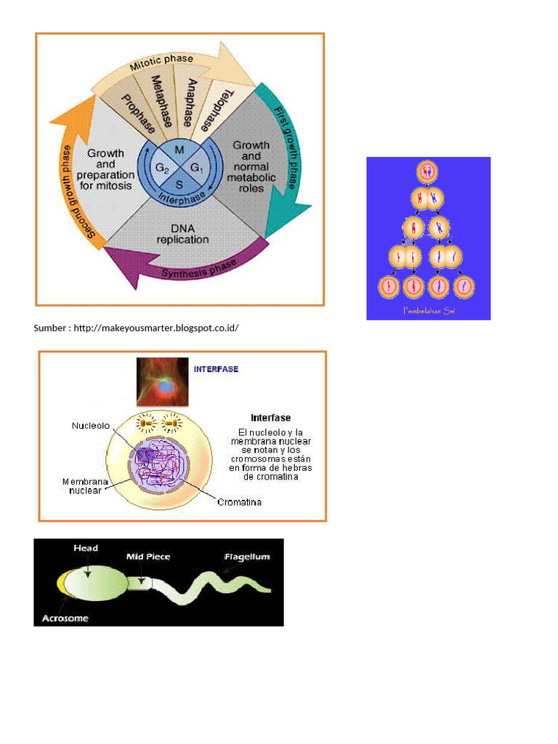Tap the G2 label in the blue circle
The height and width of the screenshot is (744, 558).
tap(162, 169)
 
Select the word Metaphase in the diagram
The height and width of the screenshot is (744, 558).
tap(161, 102)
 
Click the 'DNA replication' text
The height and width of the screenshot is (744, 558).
tap(183, 233)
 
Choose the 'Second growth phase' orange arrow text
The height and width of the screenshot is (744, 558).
tap(77, 193)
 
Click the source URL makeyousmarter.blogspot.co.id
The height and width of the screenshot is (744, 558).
tap(155, 328)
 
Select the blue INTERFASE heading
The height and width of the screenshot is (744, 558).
tap(216, 369)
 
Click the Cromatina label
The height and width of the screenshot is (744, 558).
tap(240, 502)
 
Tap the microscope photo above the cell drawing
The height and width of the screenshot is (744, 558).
tap(163, 382)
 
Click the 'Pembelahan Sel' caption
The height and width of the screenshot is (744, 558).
tap(428, 311)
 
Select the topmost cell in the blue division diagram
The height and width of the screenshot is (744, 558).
tap(427, 172)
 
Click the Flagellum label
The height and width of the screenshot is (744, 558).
tap(246, 557)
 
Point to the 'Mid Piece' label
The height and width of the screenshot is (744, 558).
tap(148, 557)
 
